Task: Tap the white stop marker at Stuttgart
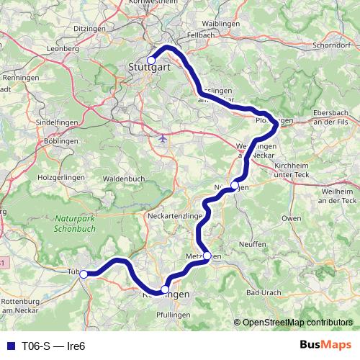coord(151,60)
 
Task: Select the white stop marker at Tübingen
coord(84,274)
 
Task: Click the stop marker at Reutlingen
coord(165,289)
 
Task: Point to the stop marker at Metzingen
coord(207,256)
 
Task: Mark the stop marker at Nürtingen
coord(235,186)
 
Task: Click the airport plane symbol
coord(163,137)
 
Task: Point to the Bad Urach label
coord(262,293)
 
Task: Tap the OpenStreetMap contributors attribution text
coord(295,323)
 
